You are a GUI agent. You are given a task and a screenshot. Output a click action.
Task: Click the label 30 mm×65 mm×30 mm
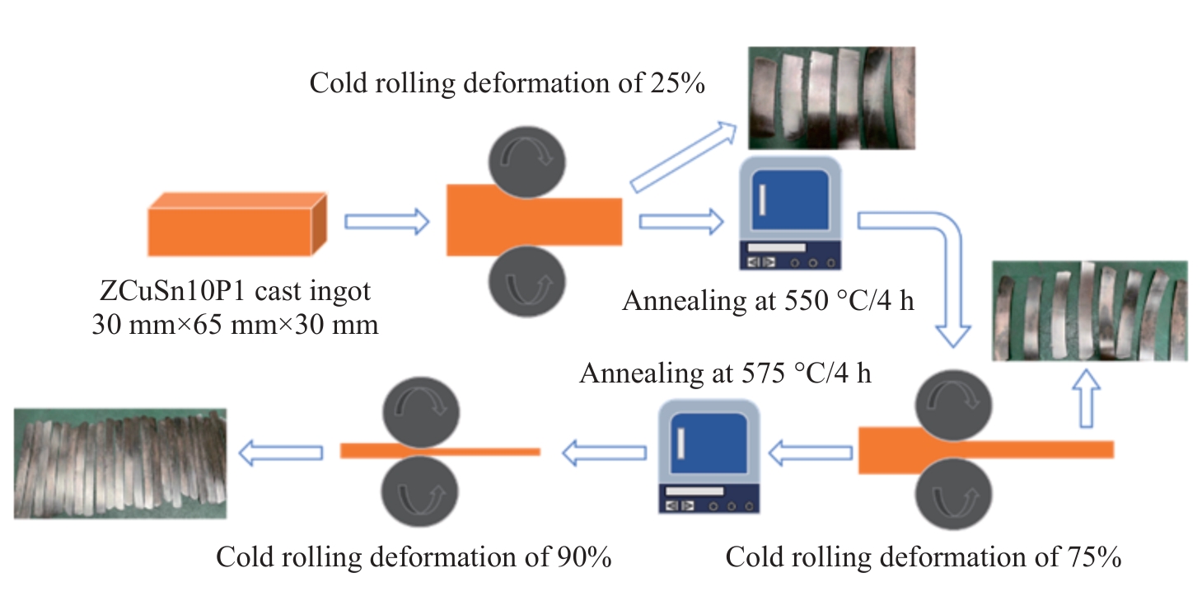point(235,325)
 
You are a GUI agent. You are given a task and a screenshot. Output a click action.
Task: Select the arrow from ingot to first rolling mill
point(386,221)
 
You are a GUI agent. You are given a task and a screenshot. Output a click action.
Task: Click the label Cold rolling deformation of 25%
point(507,83)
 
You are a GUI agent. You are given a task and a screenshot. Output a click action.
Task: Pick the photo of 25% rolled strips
point(830,97)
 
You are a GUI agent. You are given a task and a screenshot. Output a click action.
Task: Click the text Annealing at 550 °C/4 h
point(768,300)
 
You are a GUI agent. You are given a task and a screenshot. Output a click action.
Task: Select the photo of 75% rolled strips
point(1090,311)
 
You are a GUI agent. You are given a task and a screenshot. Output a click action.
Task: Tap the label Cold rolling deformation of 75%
point(923,558)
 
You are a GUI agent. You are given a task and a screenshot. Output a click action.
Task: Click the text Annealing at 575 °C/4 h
point(725,373)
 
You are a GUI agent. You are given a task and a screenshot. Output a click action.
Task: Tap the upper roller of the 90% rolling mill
point(421,411)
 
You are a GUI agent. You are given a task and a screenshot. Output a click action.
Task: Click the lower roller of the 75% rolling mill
point(954,496)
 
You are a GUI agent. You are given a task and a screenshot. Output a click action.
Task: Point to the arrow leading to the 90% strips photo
point(280,451)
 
